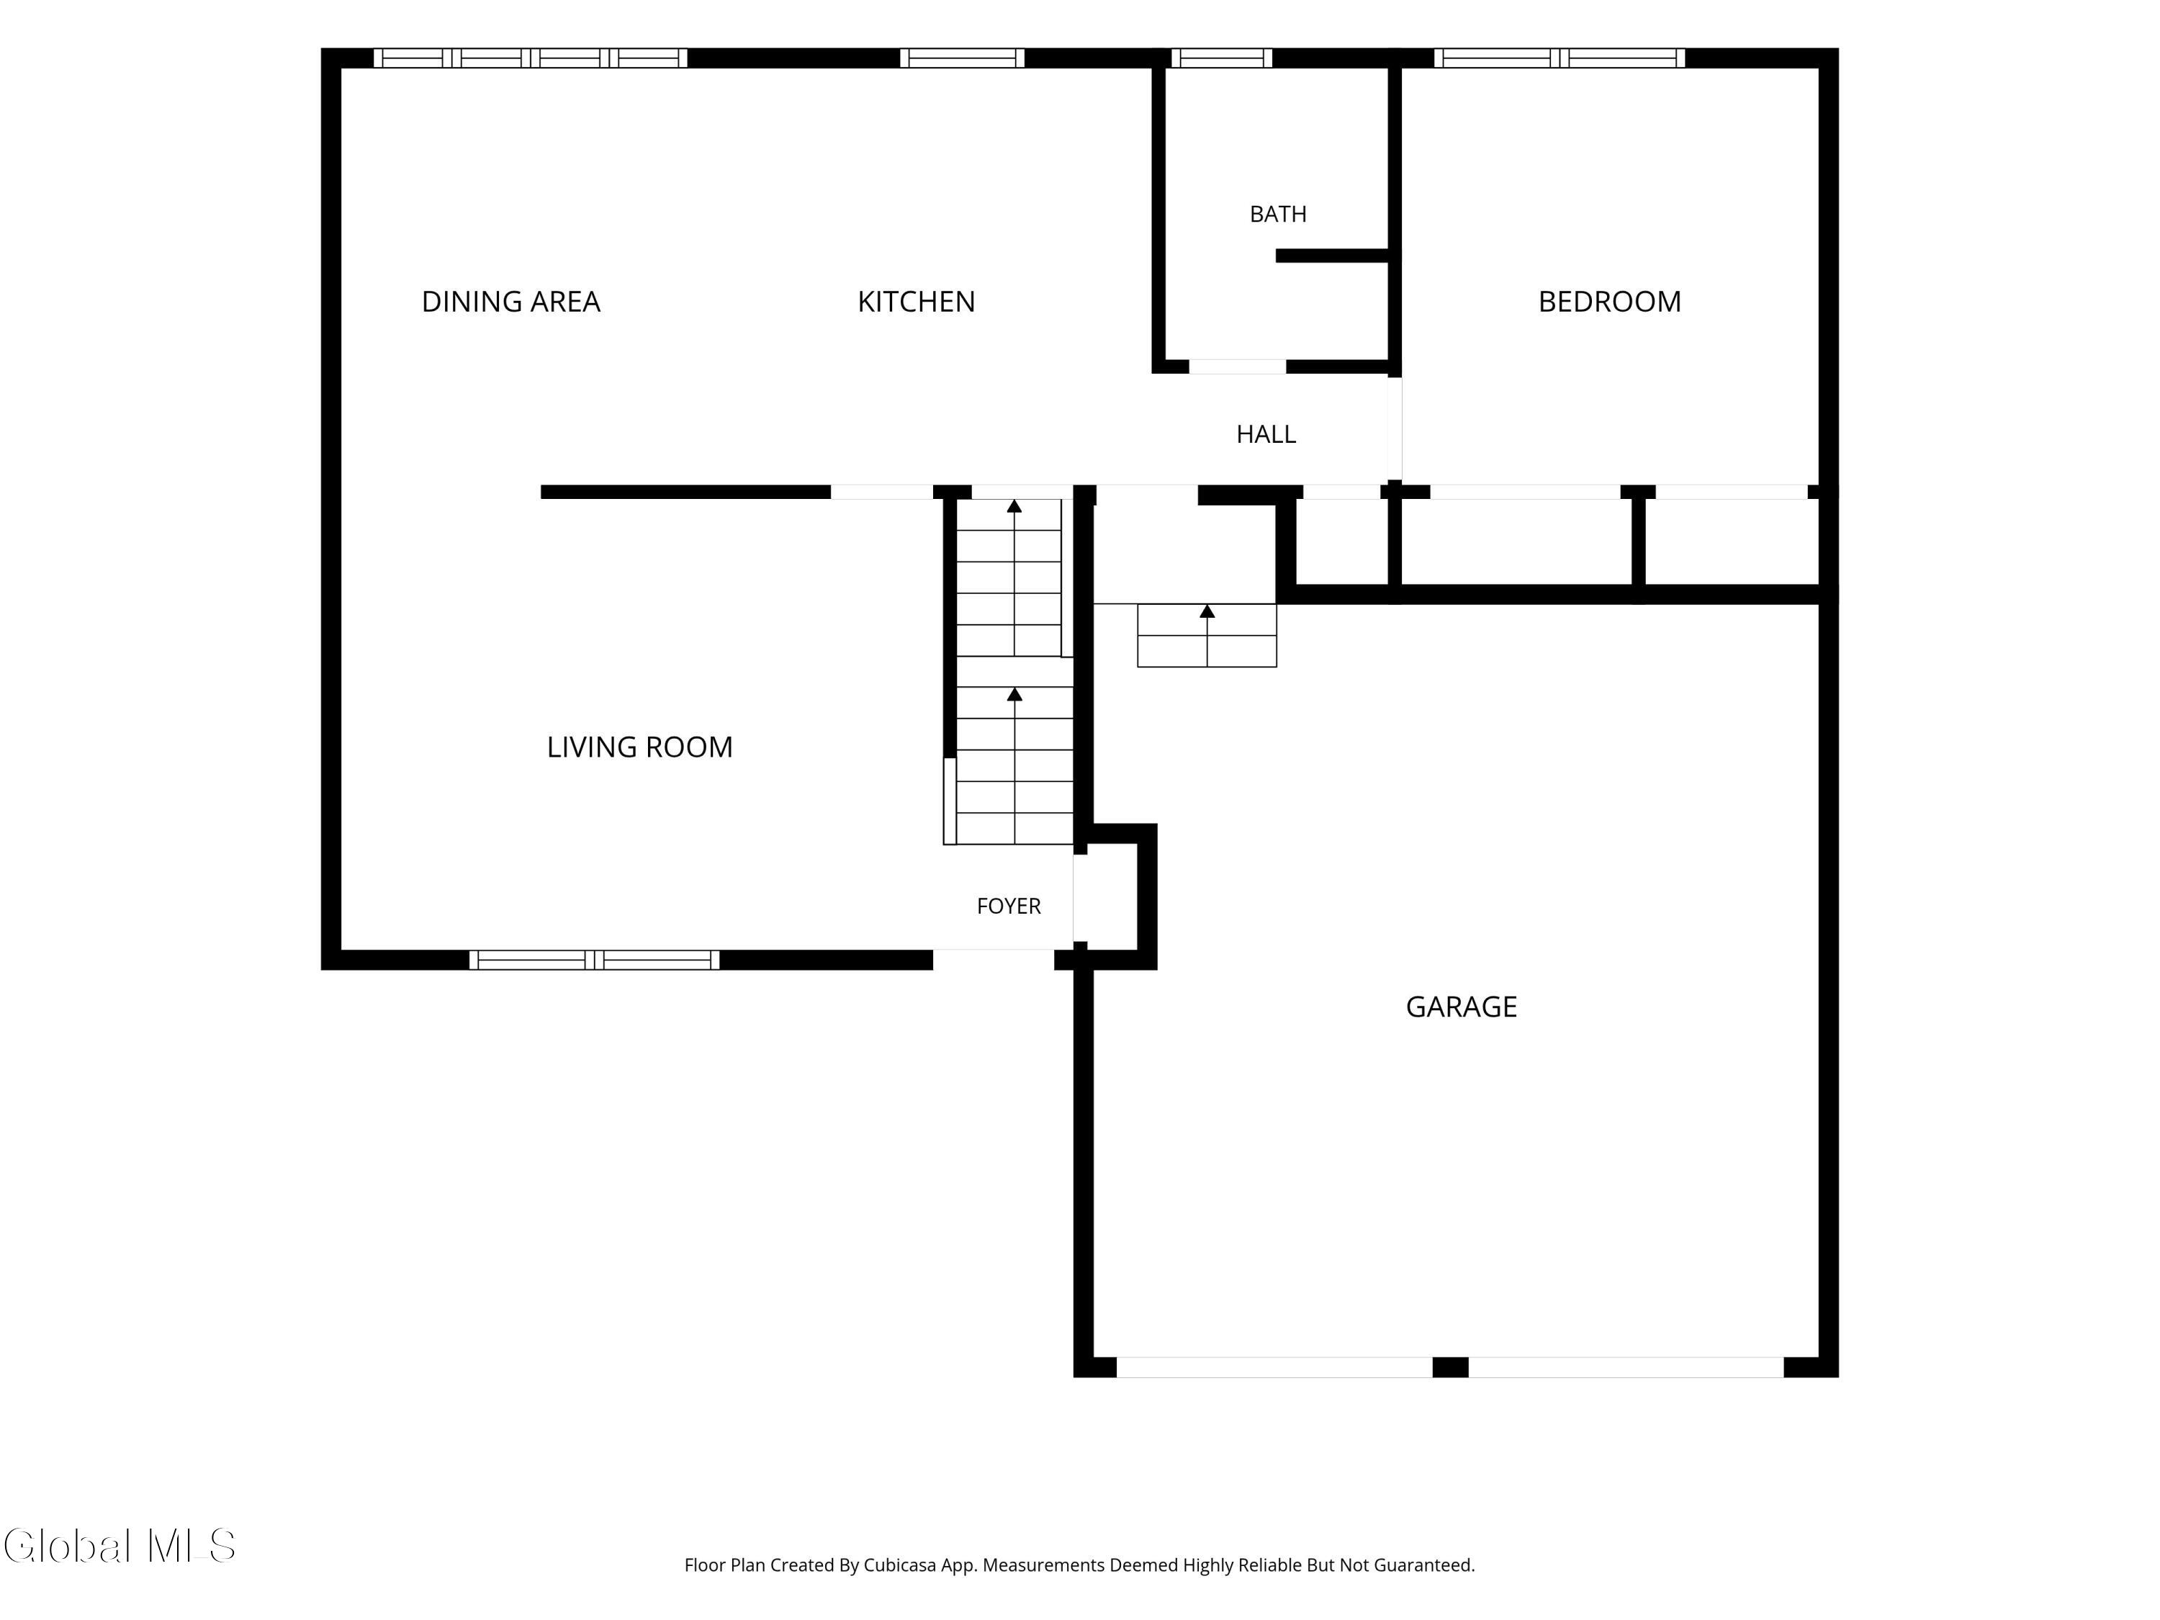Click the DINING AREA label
tap(510, 302)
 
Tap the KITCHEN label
tap(916, 302)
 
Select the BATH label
tap(1277, 214)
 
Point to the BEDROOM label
tap(1609, 302)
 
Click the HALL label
tap(1266, 435)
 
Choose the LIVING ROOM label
tap(639, 747)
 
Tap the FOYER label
tap(1009, 906)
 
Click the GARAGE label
tap(1461, 1007)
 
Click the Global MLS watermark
tap(119, 1546)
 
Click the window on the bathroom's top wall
tap(1222, 58)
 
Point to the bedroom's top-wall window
tap(1560, 58)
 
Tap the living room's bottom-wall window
tap(595, 960)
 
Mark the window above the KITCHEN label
tap(962, 58)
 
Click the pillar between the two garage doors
tap(1450, 1367)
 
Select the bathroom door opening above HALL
tap(1237, 367)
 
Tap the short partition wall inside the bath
tap(1332, 256)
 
